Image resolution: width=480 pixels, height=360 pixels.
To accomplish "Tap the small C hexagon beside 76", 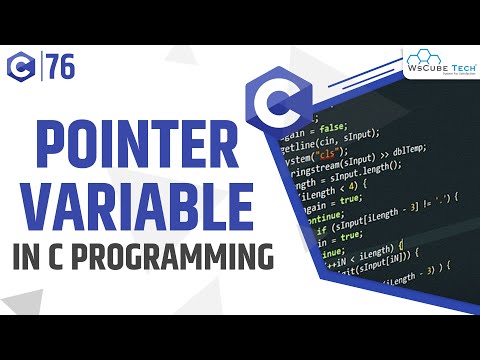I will (x=23, y=68).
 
